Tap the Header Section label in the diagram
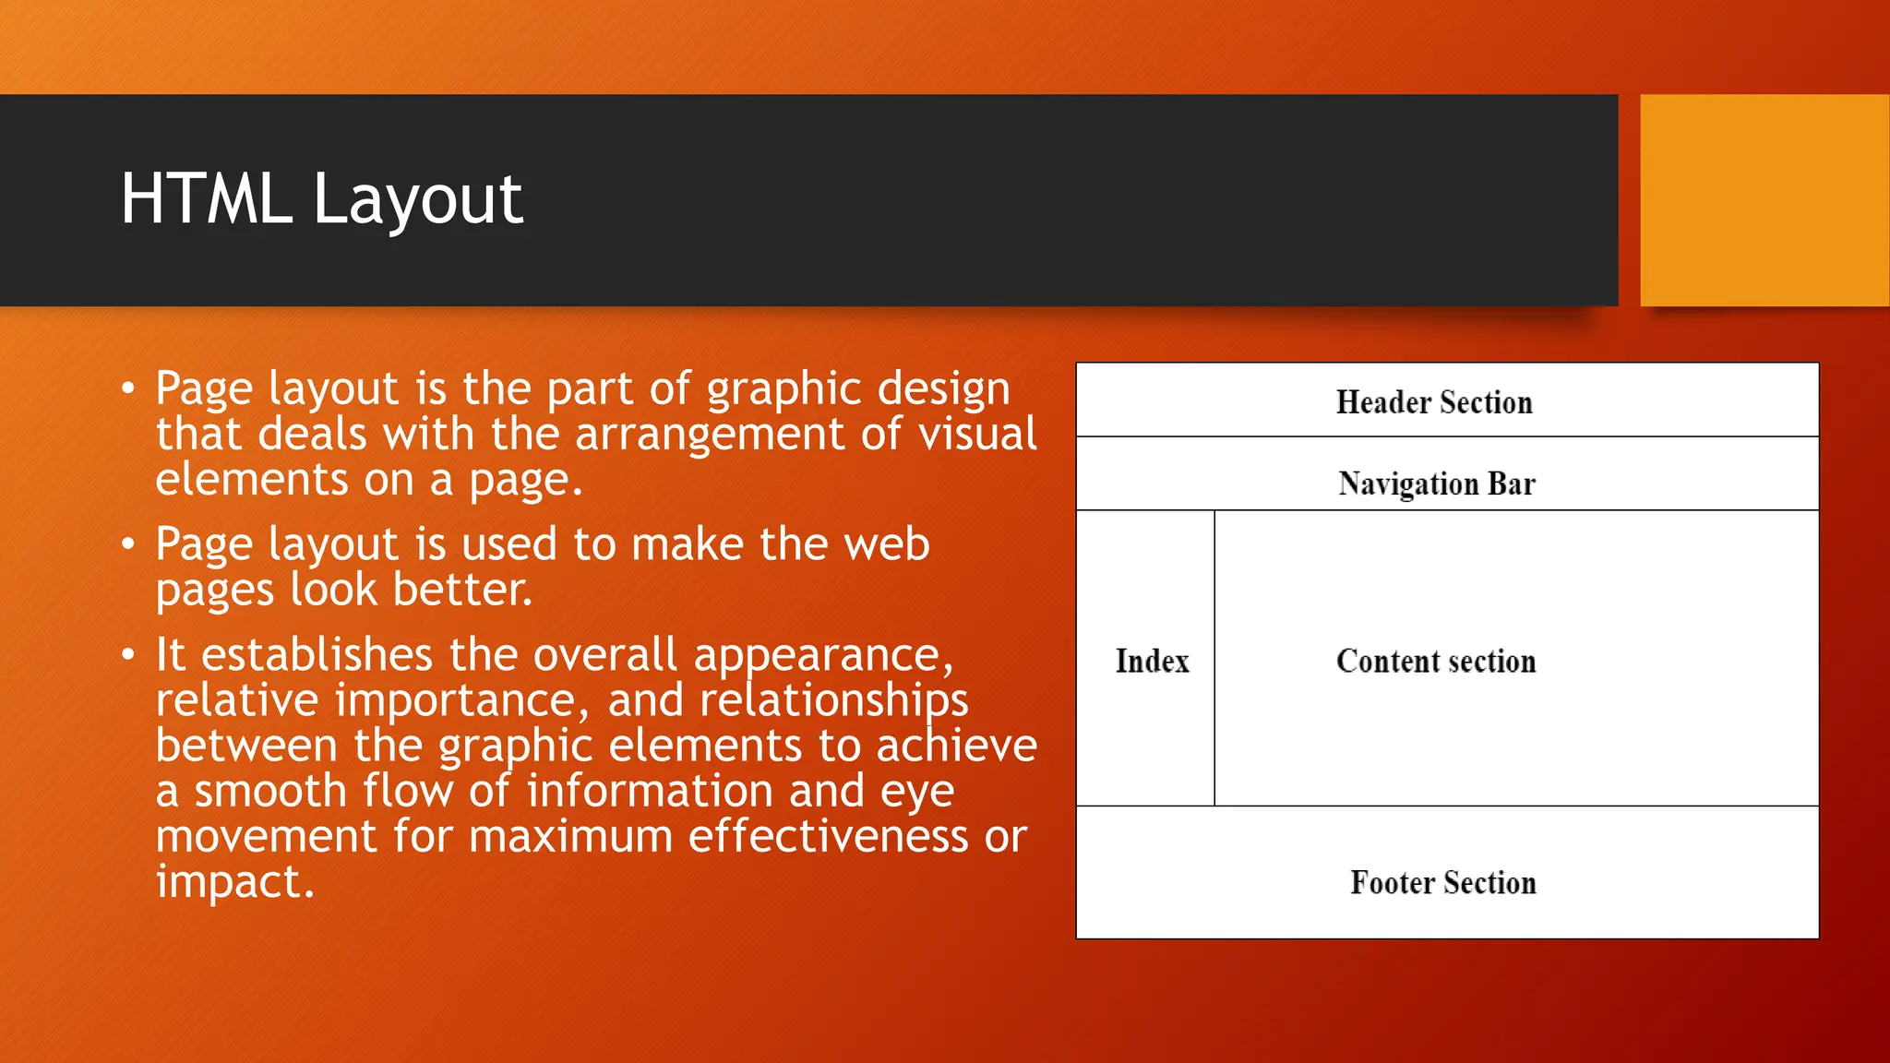point(1434,402)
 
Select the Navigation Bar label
point(1437,484)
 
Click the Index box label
point(1152,661)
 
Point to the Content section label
point(1436,661)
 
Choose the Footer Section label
point(1443,882)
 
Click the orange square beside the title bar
point(1764,199)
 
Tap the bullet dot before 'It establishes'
point(128,655)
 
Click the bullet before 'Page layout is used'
point(128,544)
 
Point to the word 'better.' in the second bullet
point(462,590)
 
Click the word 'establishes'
point(317,655)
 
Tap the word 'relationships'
point(833,701)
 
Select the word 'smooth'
point(269,791)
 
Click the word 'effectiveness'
point(827,836)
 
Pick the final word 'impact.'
point(234,882)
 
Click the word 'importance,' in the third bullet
point(461,701)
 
